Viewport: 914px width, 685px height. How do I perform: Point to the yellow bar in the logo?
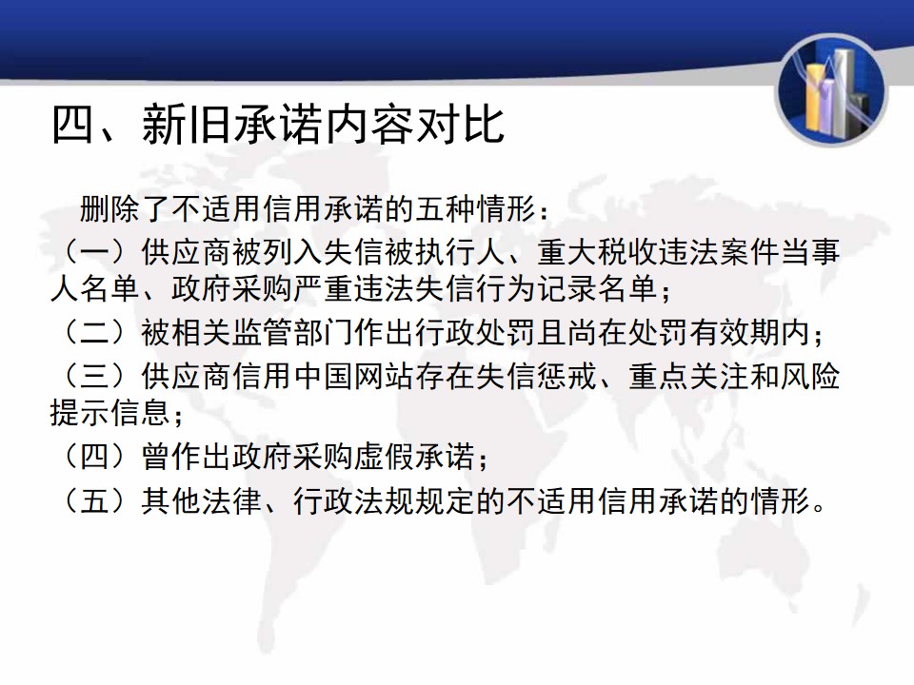815,98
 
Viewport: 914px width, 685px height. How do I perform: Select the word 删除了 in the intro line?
126,208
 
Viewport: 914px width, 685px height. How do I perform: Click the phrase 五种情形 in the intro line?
476,208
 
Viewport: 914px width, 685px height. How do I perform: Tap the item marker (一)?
95,252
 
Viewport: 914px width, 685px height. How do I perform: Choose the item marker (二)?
95,333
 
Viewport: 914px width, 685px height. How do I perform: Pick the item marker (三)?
95,376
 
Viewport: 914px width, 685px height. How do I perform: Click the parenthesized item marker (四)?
95,456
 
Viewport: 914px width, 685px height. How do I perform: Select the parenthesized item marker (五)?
95,500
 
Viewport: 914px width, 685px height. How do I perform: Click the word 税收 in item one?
627,252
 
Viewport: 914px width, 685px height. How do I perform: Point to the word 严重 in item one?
324,289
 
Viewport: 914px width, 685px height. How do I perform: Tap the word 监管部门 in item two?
293,333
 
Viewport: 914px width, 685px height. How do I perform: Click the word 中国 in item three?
324,376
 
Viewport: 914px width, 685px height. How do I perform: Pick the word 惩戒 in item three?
567,376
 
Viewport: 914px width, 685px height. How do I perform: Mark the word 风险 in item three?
810,376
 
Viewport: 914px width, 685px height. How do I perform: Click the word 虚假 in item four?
385,456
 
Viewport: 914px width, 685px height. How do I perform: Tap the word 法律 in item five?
232,500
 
